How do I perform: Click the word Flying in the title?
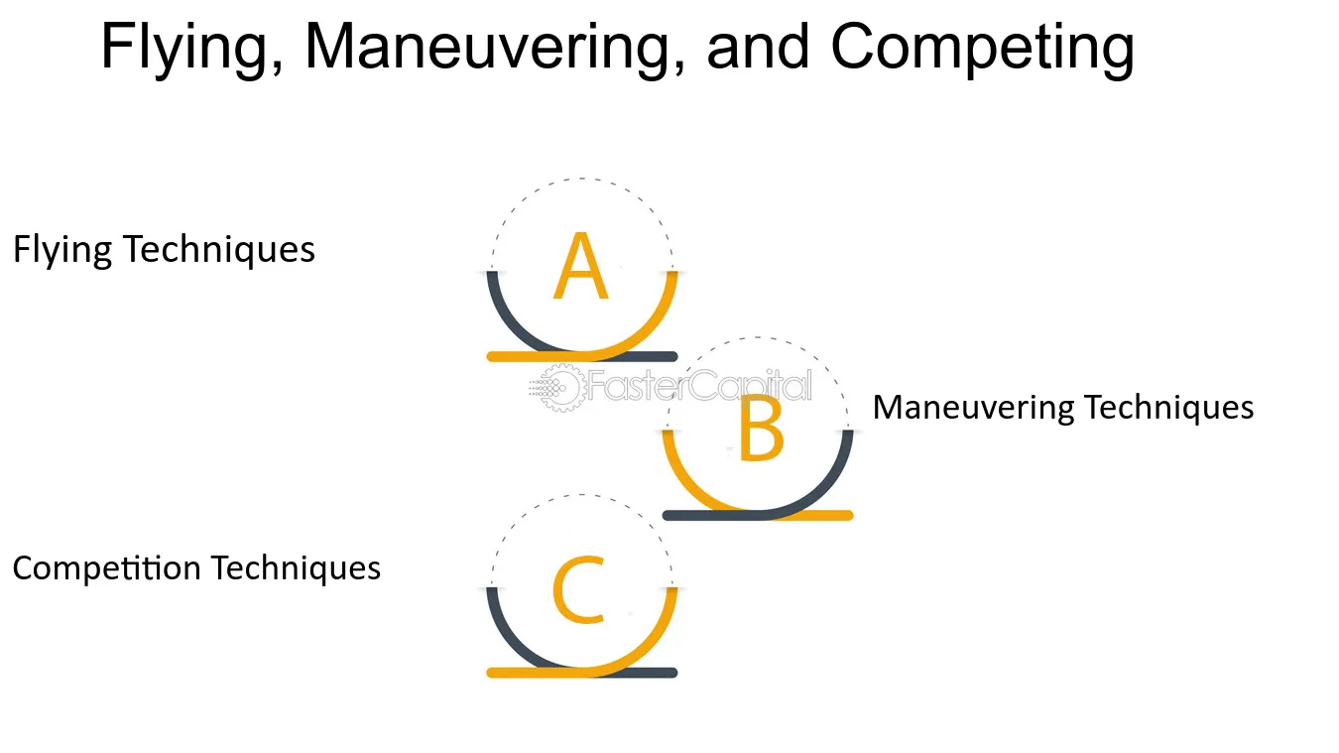[191, 48]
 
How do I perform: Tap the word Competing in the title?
[982, 48]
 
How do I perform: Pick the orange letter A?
[581, 266]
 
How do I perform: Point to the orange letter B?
[761, 429]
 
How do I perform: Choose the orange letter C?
[578, 589]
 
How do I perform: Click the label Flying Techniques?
[164, 249]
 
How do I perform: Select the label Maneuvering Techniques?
[1063, 408]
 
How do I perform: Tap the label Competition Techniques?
[196, 568]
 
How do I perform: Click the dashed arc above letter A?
[581, 179]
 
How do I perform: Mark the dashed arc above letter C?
[581, 495]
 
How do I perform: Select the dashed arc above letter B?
[758, 337]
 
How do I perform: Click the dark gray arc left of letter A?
[508, 323]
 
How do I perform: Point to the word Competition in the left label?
[107, 568]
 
